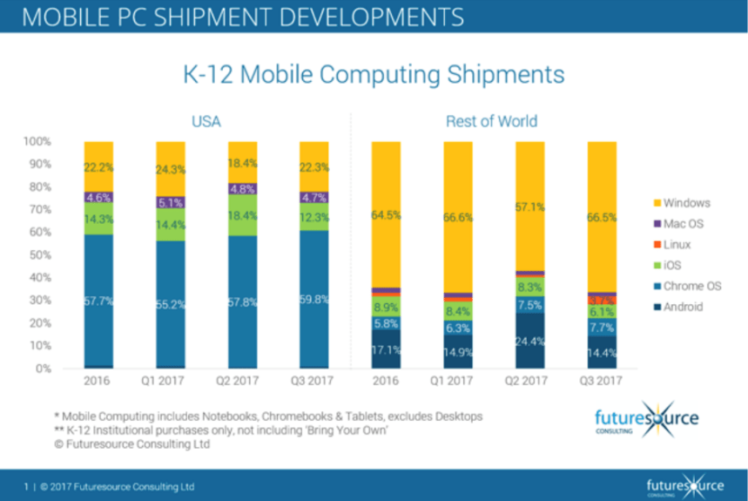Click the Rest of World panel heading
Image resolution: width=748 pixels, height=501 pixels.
(x=491, y=121)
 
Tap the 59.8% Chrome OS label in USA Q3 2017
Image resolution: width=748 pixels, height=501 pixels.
(x=314, y=301)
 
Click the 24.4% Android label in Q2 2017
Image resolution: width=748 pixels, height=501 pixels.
(x=530, y=341)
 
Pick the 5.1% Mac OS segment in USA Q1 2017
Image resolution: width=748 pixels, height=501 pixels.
(x=171, y=202)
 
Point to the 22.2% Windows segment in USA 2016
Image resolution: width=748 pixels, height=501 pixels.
(x=98, y=166)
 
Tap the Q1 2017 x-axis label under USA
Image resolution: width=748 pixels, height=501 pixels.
(x=170, y=381)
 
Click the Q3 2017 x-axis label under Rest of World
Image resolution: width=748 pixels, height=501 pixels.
(x=602, y=381)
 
